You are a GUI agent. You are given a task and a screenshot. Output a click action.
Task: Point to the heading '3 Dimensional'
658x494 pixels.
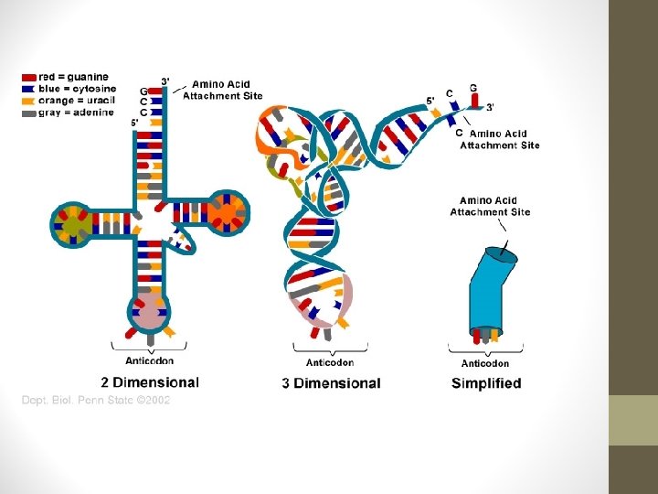(331, 383)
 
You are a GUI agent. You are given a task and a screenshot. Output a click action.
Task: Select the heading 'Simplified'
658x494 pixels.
(486, 383)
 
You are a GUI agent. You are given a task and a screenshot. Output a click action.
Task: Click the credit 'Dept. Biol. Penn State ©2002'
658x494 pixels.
(96, 400)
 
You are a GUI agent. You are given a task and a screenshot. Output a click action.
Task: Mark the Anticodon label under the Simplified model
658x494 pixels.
(485, 363)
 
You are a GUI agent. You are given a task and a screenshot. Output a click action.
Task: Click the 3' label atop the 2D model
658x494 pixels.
(164, 81)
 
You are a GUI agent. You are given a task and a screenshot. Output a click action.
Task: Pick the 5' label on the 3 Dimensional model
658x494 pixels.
(430, 101)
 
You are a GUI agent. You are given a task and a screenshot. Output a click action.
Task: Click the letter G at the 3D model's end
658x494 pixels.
(472, 88)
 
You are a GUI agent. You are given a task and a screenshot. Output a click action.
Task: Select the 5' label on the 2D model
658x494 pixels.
(135, 123)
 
